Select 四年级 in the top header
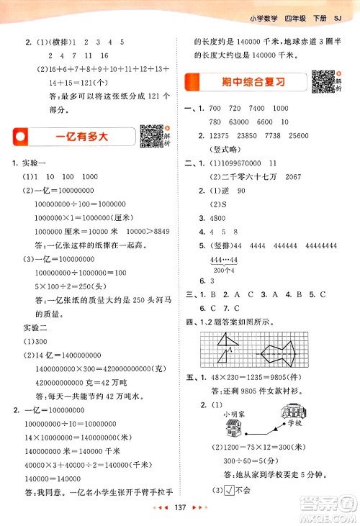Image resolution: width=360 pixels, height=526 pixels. click(x=298, y=10)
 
